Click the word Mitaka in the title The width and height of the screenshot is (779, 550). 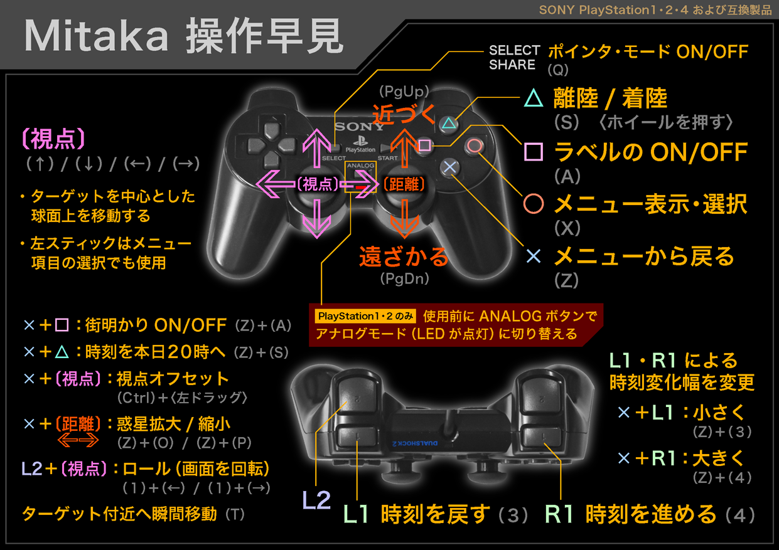tap(96, 36)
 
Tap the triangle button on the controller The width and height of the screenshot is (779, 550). tap(449, 124)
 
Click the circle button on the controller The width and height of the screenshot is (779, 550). tap(475, 145)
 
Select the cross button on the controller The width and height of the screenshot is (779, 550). tap(449, 167)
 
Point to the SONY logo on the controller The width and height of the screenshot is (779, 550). tap(360, 127)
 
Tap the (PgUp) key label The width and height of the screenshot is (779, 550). tap(404, 92)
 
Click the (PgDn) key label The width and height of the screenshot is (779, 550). tap(404, 278)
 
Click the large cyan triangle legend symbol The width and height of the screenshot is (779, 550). tap(534, 98)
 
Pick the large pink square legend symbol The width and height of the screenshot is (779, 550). tap(534, 152)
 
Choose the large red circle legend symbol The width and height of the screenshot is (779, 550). tap(534, 204)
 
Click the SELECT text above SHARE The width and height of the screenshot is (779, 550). tap(514, 51)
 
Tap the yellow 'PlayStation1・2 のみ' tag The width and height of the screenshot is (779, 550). tap(365, 316)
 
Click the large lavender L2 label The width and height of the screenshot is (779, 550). tap(316, 500)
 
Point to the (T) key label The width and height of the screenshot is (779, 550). tap(235, 514)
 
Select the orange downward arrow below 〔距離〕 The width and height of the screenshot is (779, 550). tap(404, 219)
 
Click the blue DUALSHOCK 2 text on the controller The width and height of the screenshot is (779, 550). tap(415, 443)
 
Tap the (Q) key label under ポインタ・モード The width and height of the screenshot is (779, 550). tap(558, 70)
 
